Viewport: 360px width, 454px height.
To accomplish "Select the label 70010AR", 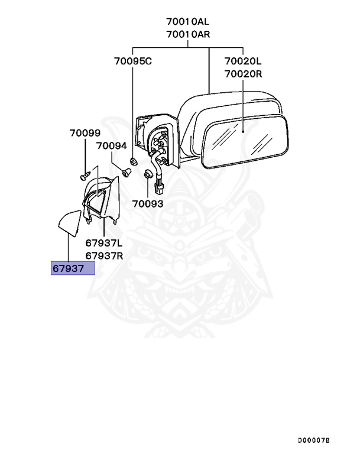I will tap(188, 34).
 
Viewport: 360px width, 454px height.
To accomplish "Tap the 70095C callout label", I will tap(133, 61).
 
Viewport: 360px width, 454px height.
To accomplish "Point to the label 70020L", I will tap(242, 61).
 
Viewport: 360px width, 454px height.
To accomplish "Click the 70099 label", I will tap(85, 134).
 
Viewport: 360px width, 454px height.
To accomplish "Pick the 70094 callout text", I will tap(112, 145).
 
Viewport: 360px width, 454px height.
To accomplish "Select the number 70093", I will tap(147, 204).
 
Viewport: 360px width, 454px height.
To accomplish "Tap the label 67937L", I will tap(103, 243).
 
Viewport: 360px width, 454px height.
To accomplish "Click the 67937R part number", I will tap(103, 255).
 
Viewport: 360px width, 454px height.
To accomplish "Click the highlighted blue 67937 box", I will tap(73, 268).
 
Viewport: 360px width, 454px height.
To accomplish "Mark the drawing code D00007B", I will tap(313, 441).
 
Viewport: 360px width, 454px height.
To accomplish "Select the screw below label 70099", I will tap(85, 176).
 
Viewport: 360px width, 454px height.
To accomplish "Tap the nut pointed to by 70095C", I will tap(133, 161).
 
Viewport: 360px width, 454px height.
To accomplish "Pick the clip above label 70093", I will tap(147, 174).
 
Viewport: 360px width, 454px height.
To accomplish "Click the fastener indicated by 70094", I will tap(125, 171).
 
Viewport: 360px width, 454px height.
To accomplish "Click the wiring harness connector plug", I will tap(158, 189).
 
